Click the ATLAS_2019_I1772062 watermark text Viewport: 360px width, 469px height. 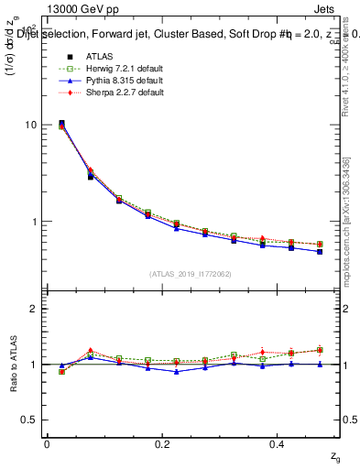click(x=190, y=273)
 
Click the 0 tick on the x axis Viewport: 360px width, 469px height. click(x=47, y=443)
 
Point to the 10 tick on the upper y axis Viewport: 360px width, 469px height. click(x=30, y=125)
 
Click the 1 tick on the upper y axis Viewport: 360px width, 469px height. click(x=33, y=222)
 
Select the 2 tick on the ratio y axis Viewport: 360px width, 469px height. click(x=33, y=310)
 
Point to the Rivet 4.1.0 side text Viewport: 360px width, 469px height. click(x=346, y=78)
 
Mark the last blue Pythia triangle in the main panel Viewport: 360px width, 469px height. click(x=320, y=251)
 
